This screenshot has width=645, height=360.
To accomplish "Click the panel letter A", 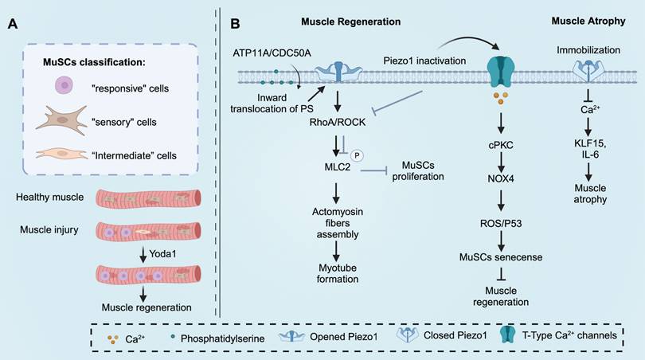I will (x=12, y=24).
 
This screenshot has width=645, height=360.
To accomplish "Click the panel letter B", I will (x=236, y=24).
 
